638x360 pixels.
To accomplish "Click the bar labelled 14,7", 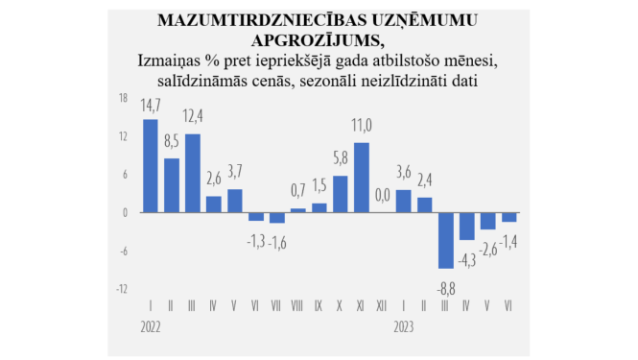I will [x=151, y=166].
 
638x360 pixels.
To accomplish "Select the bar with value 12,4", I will [x=193, y=174].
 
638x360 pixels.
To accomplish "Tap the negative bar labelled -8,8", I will [x=446, y=240].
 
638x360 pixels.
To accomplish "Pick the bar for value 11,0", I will [x=362, y=178].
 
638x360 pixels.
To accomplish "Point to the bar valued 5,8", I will [x=341, y=194].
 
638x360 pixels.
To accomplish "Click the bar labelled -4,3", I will [x=467, y=227].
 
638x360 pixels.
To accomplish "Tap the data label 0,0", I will [x=383, y=196].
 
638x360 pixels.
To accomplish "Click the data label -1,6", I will [x=277, y=240].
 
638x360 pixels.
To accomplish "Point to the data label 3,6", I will [x=404, y=173].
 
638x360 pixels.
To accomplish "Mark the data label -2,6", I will [x=488, y=250].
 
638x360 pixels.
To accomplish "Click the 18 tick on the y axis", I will [x=123, y=98].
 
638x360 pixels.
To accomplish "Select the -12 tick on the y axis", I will [x=123, y=288].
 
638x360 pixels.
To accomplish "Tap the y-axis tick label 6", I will [x=125, y=174].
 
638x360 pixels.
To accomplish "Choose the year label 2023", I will [x=404, y=325].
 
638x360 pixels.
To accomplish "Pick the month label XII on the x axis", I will [x=383, y=307].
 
